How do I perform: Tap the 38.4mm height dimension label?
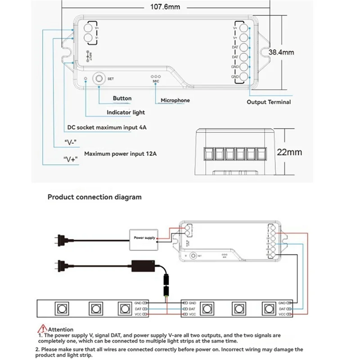(x=281, y=52)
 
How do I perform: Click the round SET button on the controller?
(x=98, y=78)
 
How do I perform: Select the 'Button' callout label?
(x=122, y=98)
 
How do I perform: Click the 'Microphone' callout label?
(x=175, y=100)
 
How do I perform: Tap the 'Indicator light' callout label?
(x=126, y=112)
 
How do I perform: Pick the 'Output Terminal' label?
(x=269, y=102)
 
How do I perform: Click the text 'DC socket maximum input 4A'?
(x=107, y=127)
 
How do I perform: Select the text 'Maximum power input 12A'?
(x=121, y=153)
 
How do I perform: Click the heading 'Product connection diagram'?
(x=94, y=197)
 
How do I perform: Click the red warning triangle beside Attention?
(x=43, y=329)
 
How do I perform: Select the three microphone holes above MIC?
(x=156, y=77)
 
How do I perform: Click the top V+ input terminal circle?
(x=89, y=28)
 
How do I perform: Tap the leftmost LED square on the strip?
(x=60, y=309)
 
